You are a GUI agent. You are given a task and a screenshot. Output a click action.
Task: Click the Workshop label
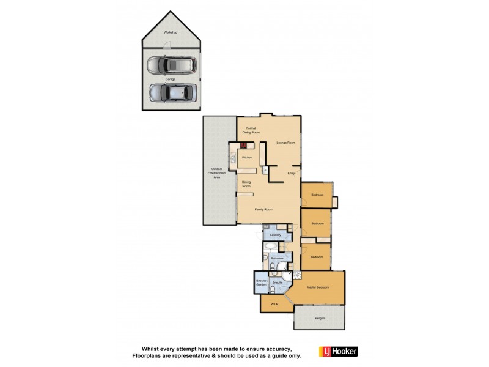[170, 32]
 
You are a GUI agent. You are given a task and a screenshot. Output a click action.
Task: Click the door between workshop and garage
[167, 46]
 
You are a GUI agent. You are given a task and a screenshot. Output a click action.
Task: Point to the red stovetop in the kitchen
[243, 145]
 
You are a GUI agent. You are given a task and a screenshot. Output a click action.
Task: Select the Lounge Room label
[285, 143]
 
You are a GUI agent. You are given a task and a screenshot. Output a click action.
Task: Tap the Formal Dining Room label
[251, 130]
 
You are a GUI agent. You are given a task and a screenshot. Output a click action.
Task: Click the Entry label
[291, 173]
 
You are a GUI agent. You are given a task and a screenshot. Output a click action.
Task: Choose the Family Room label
[263, 209]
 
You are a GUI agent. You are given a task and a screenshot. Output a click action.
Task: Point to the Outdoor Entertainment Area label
[216, 173]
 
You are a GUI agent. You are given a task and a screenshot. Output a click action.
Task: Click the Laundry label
[275, 235]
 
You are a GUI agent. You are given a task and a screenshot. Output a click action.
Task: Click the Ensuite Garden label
[261, 283]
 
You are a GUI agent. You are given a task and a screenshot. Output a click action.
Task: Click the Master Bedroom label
[318, 287]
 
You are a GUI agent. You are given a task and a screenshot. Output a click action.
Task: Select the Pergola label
[320, 318]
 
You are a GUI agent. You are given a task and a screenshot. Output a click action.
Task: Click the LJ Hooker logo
[338, 351]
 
